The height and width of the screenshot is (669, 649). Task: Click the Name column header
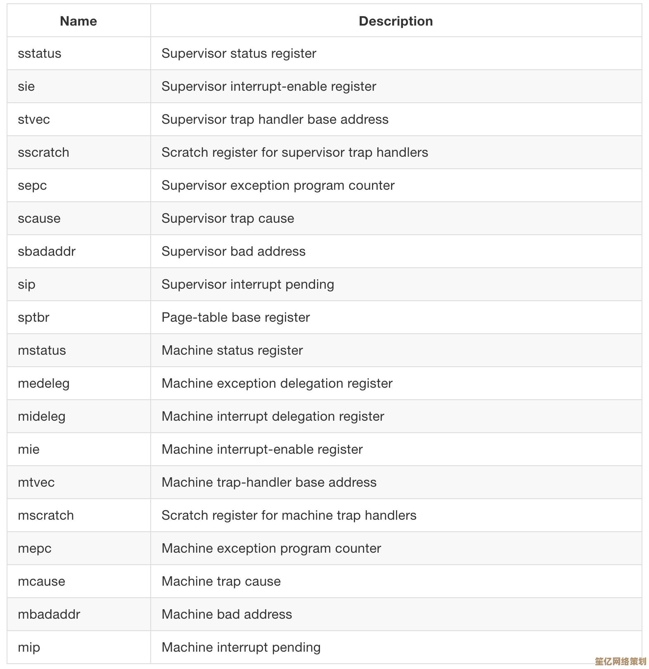(x=78, y=21)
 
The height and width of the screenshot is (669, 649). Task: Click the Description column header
(x=396, y=21)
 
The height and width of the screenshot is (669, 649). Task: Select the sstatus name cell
(x=40, y=54)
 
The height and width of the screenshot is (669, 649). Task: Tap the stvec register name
(x=34, y=120)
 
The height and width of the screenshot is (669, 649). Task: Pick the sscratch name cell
(x=43, y=153)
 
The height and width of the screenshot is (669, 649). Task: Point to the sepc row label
(x=32, y=186)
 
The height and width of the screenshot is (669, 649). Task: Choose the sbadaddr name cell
(x=47, y=252)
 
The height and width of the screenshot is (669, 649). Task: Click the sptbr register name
(x=33, y=318)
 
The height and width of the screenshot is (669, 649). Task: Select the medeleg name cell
(x=44, y=384)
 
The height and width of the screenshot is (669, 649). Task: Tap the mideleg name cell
(x=42, y=417)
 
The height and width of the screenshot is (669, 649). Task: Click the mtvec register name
(x=36, y=483)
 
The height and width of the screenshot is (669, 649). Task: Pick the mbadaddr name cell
(x=49, y=615)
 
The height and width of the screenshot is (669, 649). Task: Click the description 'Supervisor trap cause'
(x=228, y=219)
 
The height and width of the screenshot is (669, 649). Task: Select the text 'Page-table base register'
(x=236, y=318)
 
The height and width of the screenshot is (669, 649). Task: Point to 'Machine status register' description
(x=232, y=351)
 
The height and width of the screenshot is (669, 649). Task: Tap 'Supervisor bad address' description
(x=234, y=252)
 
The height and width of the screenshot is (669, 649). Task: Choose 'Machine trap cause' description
(x=221, y=582)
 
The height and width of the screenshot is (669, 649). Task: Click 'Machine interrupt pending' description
(x=241, y=648)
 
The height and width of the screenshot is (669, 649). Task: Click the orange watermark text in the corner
(x=620, y=661)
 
